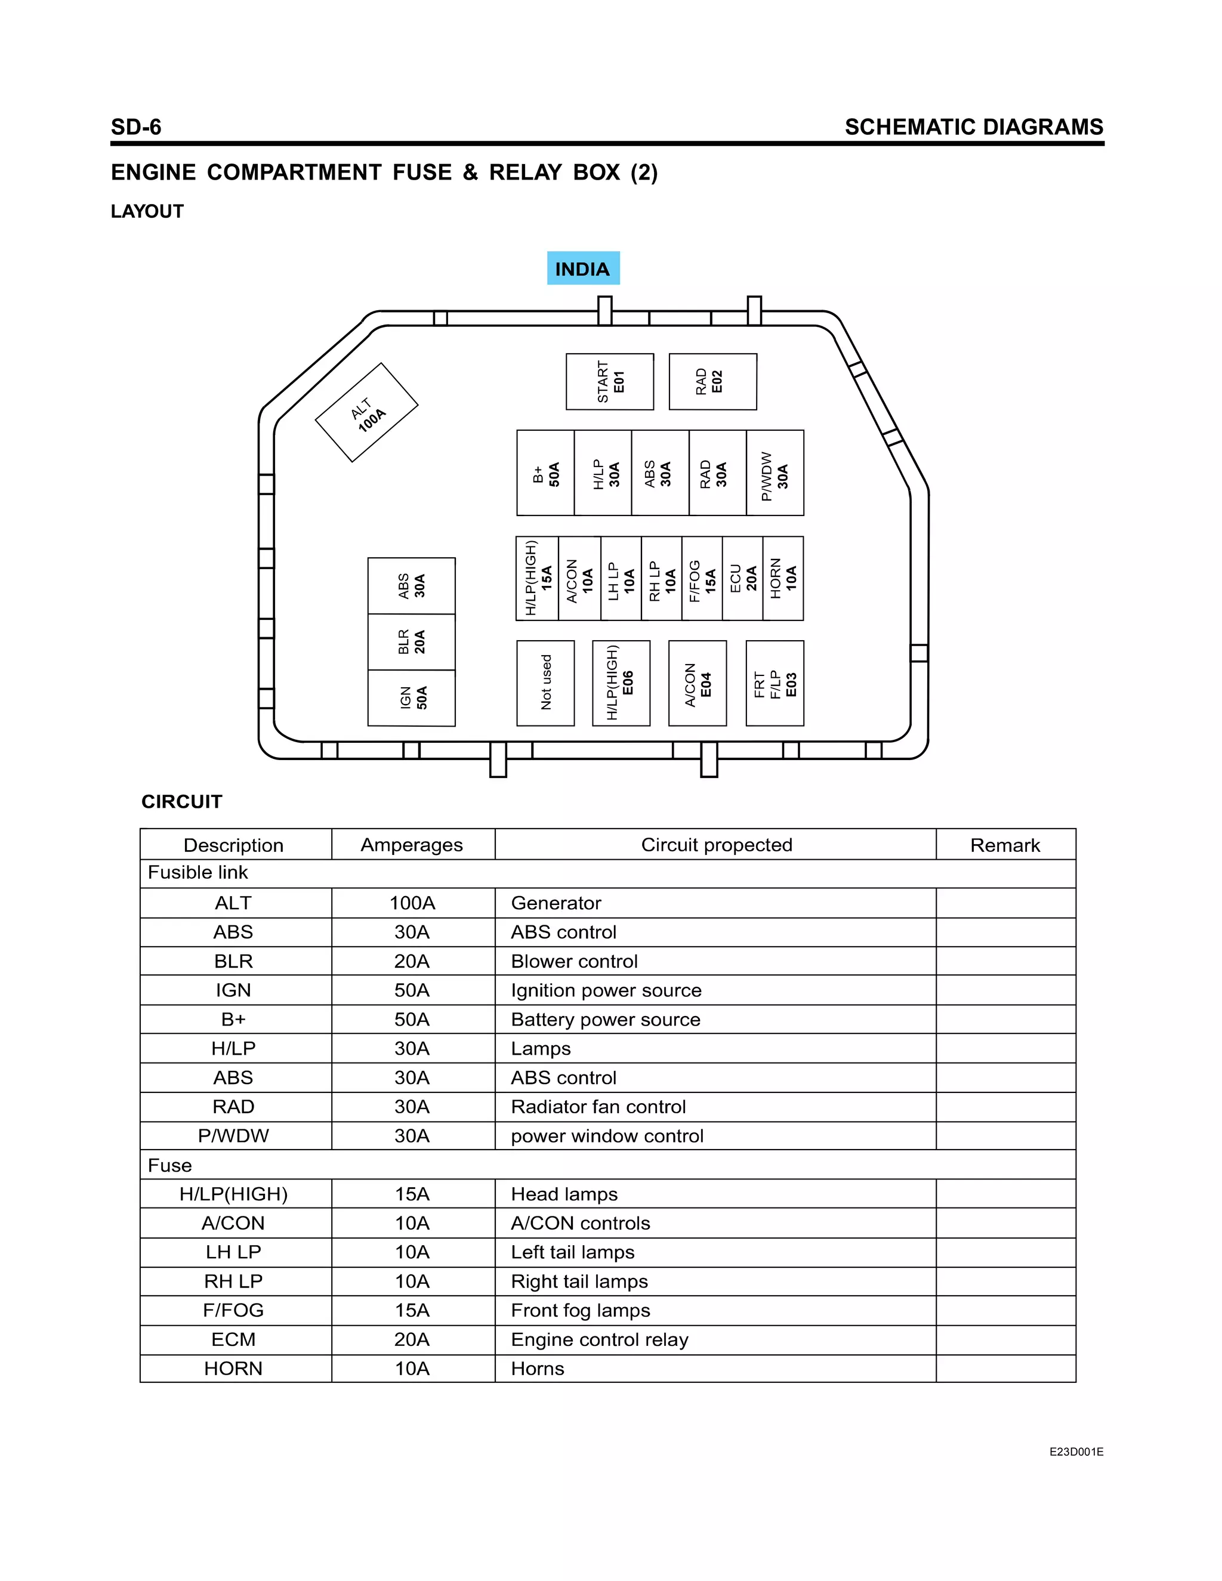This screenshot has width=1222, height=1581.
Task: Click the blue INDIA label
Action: pos(583,268)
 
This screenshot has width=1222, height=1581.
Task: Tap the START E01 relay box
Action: pos(610,381)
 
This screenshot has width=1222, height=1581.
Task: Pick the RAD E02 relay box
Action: pos(712,381)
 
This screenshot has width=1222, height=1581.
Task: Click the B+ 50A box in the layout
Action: pos(545,473)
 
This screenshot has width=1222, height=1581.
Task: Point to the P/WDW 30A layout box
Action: pos(774,473)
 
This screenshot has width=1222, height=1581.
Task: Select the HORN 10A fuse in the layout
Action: pos(783,578)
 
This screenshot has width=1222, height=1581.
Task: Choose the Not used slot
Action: pos(545,683)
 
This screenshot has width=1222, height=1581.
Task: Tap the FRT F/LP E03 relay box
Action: pos(774,683)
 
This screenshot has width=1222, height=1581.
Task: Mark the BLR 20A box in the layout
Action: pos(411,642)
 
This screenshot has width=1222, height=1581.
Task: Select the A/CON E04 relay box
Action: pos(697,683)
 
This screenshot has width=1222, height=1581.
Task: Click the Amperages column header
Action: pos(412,845)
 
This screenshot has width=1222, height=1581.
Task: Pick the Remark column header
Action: pos(1005,845)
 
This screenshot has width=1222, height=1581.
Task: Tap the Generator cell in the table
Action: pos(556,903)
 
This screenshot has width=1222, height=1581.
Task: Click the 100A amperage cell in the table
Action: pos(412,903)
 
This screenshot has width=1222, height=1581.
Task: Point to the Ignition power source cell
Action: pos(606,990)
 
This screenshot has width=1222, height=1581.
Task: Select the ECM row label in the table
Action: pos(233,1339)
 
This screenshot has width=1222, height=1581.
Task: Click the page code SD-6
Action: pos(136,126)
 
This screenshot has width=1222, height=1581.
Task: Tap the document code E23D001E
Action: pos(1076,1452)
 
